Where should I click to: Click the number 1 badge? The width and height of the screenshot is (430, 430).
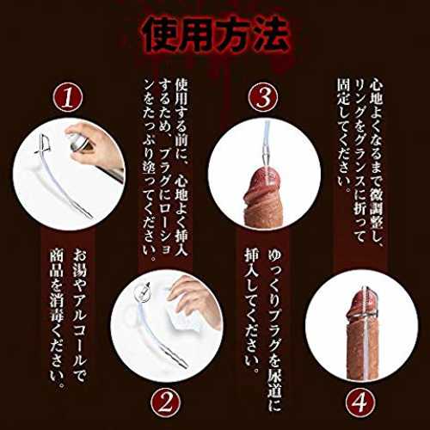[68, 97]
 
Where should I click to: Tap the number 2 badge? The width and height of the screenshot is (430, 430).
[166, 403]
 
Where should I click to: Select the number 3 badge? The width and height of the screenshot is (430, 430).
[263, 97]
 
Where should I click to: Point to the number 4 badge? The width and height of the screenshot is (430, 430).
[360, 403]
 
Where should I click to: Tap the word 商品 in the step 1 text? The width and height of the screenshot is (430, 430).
[56, 264]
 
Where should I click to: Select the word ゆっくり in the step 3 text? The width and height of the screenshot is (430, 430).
[274, 281]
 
